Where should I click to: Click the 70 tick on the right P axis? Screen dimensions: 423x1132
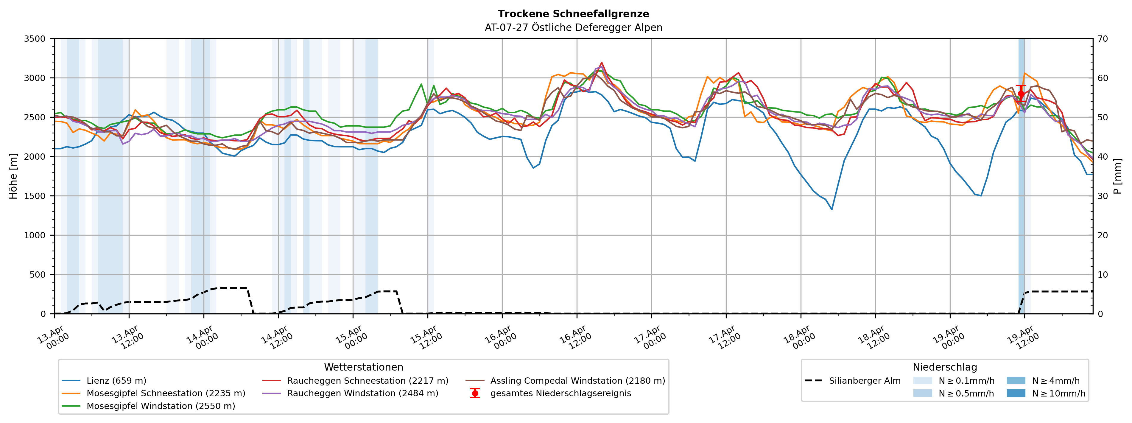pos(1103,39)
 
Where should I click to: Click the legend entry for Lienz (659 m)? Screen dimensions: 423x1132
pos(116,381)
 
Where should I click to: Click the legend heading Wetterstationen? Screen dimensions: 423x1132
pos(363,367)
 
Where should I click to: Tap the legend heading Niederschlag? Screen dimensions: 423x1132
pos(945,367)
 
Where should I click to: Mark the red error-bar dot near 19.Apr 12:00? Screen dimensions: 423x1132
pos(1021,94)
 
